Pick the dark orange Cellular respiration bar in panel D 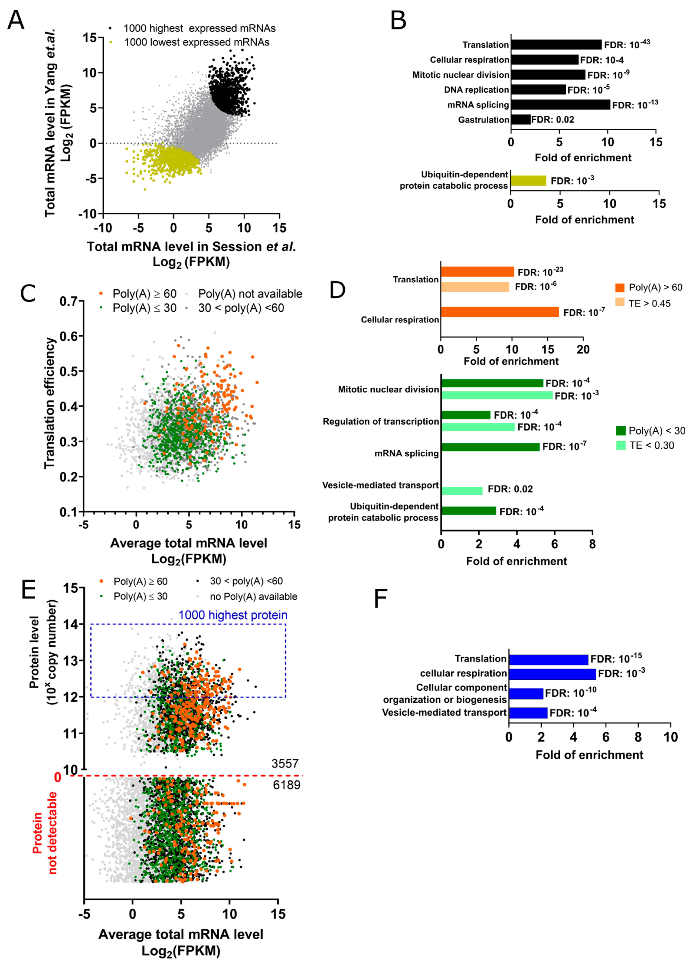point(500,312)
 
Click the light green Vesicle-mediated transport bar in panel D point(462,491)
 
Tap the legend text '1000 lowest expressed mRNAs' point(196,42)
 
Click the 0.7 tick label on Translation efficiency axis point(69,302)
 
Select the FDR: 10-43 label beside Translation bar point(627,44)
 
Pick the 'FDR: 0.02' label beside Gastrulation point(552,120)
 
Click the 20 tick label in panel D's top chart point(583,350)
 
